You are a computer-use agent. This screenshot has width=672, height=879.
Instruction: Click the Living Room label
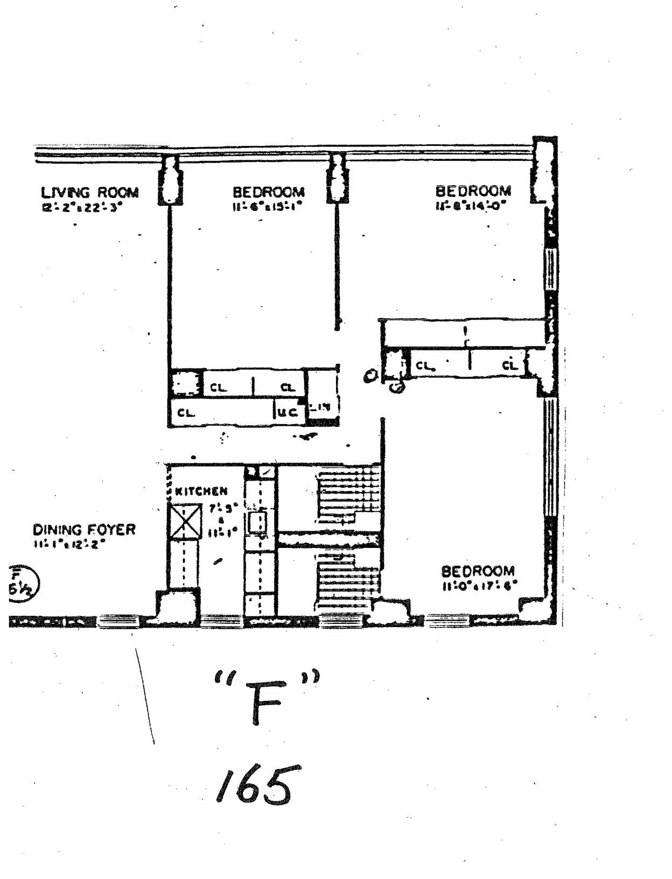(90, 192)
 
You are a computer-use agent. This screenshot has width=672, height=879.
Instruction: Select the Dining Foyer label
(85, 530)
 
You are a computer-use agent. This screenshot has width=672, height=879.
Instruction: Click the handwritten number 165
(254, 785)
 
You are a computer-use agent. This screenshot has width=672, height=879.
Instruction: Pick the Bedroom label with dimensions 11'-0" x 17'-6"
(478, 571)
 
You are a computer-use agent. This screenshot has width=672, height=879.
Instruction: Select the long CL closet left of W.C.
(221, 413)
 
